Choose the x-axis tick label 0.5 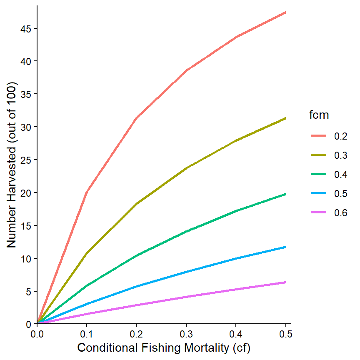click(285, 334)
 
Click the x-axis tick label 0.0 click(37, 334)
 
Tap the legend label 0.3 click(341, 155)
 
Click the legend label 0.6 click(341, 213)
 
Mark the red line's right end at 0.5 click(285, 12)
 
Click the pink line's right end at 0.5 click(285, 282)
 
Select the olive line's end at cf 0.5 click(285, 118)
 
